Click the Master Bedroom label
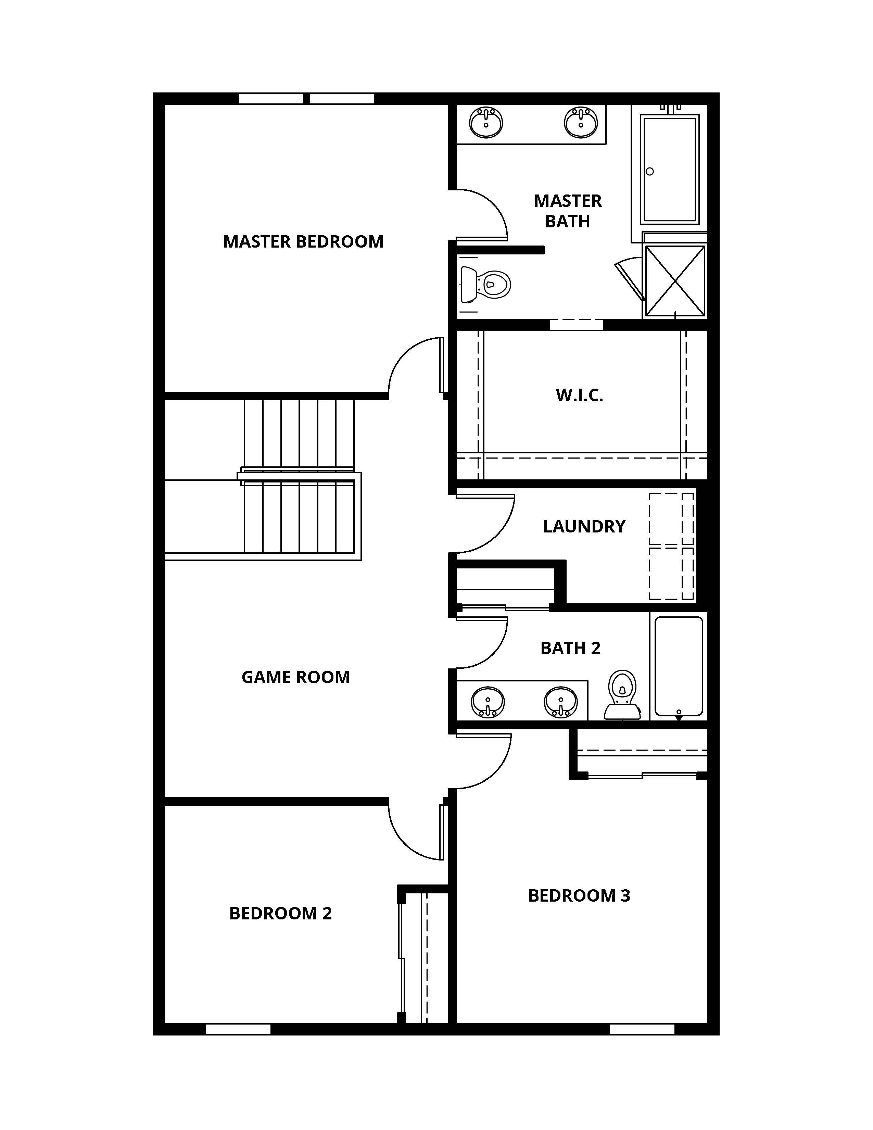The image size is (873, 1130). [303, 242]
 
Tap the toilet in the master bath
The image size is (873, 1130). [486, 284]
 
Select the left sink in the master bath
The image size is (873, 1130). [486, 122]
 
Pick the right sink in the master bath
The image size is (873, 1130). [580, 122]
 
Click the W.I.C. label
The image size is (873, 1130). [579, 395]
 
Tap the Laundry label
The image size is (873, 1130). [584, 527]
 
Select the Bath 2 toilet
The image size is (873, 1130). [622, 694]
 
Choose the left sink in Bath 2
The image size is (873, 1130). [487, 702]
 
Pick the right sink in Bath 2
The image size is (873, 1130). [561, 702]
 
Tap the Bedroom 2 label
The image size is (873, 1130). [280, 914]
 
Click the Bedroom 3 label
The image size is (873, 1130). [579, 896]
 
